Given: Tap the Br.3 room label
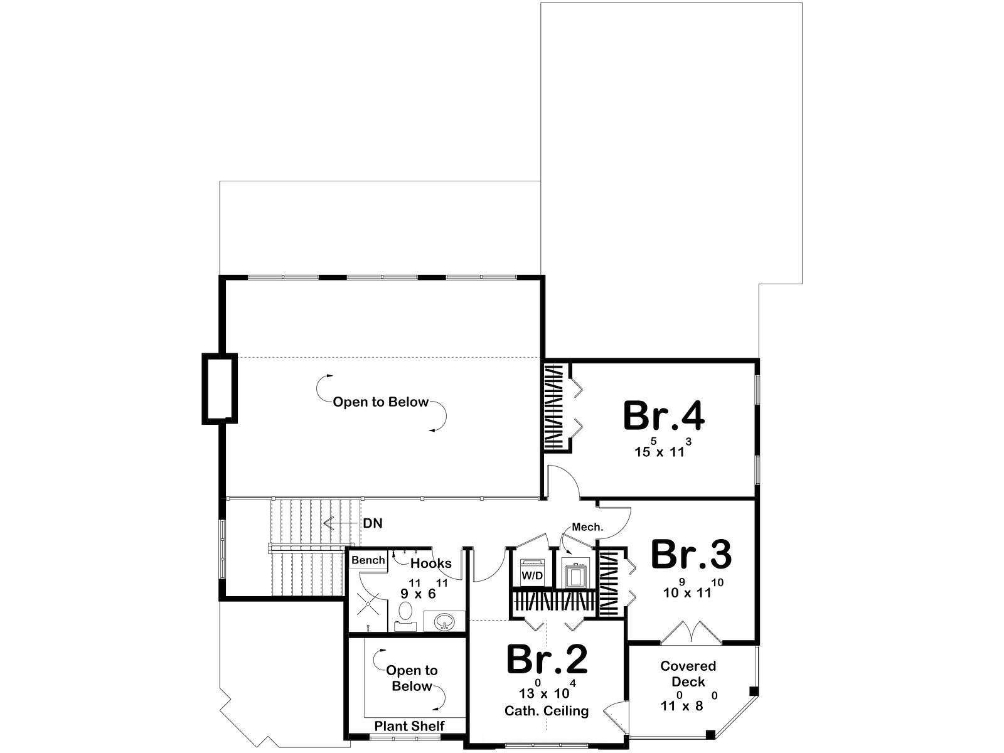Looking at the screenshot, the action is point(691,555).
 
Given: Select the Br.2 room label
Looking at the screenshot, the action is point(547,660).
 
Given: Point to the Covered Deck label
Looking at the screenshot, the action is point(688,673).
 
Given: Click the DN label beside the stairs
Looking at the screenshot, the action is point(373,523).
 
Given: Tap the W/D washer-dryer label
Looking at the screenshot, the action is point(532,575).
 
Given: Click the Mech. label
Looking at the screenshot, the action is point(587,526).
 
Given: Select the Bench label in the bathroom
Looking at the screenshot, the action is point(368,560).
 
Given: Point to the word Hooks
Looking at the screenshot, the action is point(431,563).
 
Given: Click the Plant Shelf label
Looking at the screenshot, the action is point(409,725).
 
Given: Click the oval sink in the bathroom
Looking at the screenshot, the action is point(444,622).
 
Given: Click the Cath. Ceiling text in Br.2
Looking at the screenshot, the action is point(547,710).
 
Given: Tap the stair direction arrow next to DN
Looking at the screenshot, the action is point(339,523).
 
